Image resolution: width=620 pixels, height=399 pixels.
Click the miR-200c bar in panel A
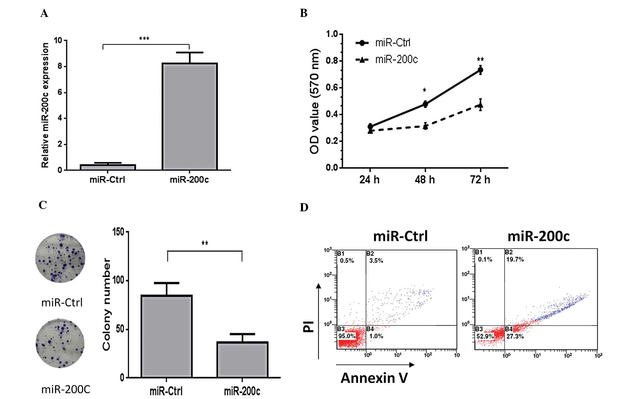pos(190,117)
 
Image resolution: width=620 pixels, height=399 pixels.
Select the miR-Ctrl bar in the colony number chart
pos(167,336)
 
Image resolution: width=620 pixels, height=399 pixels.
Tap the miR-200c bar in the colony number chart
pos(242,360)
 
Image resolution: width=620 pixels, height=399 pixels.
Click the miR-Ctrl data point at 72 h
pos(480,70)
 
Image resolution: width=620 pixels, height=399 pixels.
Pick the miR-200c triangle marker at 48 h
pos(425,126)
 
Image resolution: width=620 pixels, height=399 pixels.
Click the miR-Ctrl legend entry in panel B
pos(383,43)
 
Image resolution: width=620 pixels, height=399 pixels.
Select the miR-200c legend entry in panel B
pos(387,60)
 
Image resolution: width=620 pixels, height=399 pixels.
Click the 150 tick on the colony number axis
pos(118,232)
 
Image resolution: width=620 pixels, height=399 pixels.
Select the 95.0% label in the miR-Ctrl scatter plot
pos(347,336)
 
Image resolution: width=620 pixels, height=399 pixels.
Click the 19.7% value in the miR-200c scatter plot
pos(515,259)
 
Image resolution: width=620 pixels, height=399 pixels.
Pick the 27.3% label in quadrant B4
pos(515,336)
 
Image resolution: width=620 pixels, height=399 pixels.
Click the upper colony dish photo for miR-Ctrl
pos(60,258)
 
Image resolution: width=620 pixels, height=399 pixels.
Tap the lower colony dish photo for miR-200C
pos(60,343)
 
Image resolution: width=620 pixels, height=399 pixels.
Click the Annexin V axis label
pos(374,378)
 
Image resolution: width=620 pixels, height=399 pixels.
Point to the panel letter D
pos(304,207)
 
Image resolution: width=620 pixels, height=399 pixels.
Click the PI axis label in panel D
pos(309,326)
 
